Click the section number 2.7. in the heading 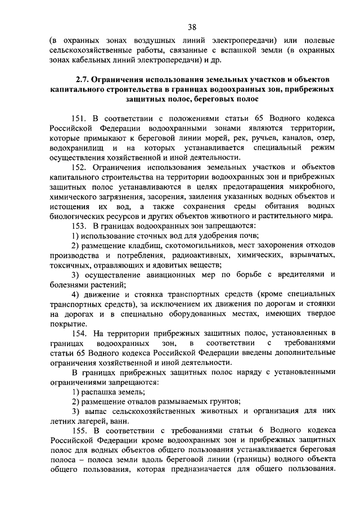83,79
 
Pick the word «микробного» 313,187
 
